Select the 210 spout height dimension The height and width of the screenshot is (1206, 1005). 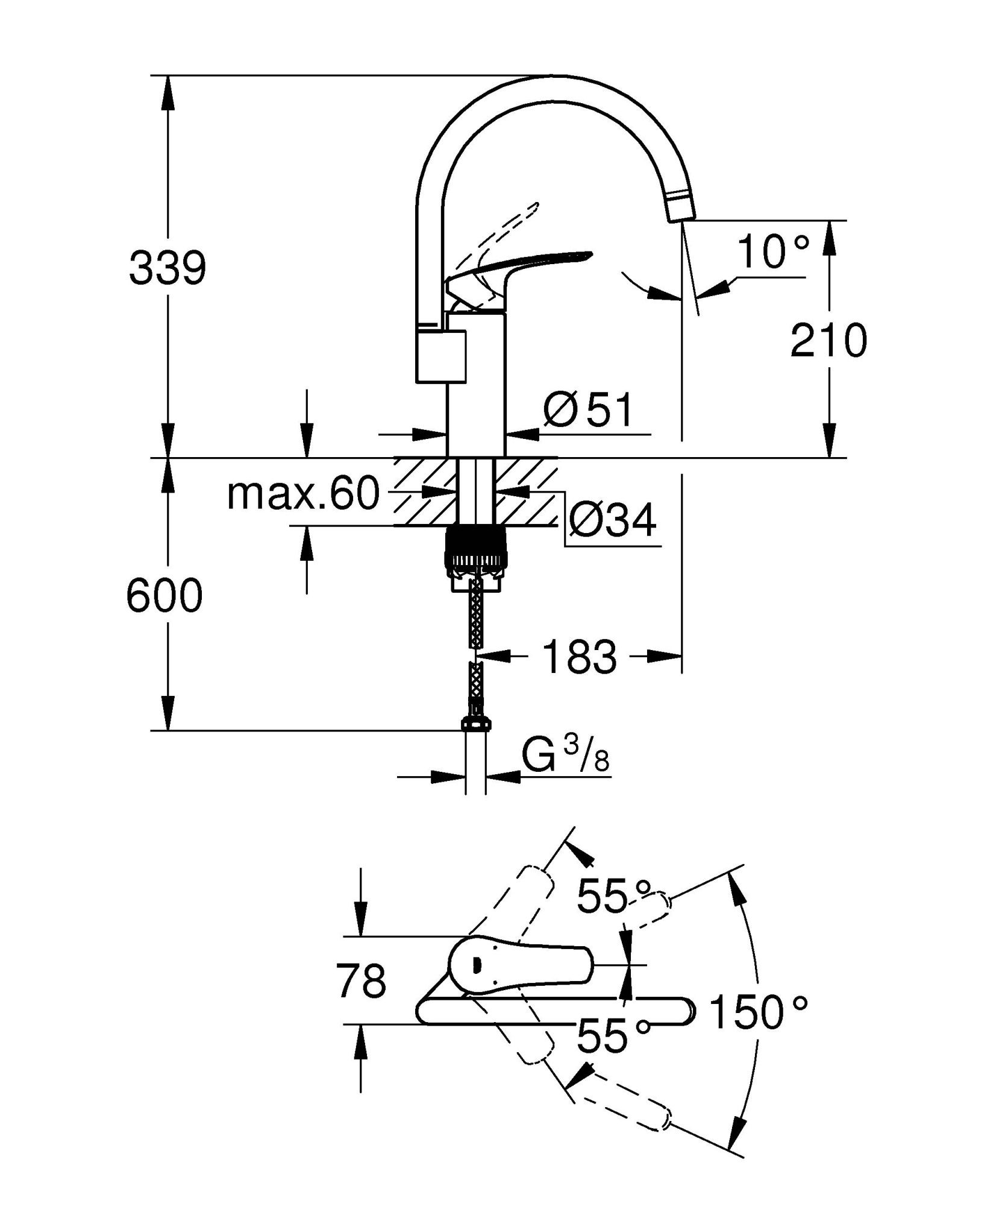coord(828,341)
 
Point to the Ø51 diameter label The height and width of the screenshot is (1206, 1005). coord(588,410)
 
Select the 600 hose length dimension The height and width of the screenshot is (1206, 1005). coord(164,596)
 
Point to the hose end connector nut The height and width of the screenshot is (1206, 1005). coord(477,724)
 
